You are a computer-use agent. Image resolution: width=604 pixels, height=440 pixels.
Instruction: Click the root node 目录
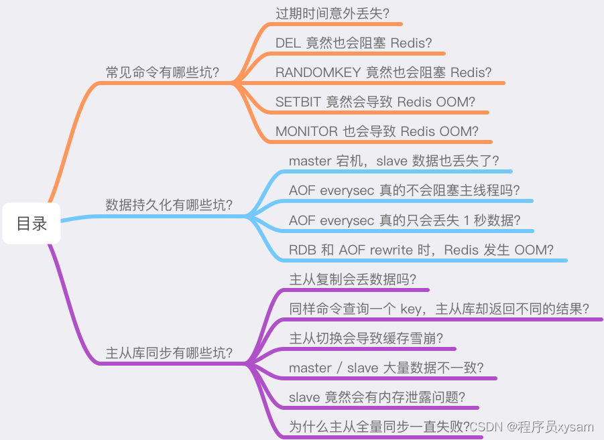32,224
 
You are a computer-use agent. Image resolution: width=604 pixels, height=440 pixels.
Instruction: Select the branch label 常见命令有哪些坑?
163,72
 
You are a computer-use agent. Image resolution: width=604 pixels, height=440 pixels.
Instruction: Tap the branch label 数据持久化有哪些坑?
169,205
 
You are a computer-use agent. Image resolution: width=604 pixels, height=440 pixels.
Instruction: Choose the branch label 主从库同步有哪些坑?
169,353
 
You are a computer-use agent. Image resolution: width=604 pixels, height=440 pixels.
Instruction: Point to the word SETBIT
298,102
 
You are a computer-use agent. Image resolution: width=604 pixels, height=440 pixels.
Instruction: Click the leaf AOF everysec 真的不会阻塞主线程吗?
404,190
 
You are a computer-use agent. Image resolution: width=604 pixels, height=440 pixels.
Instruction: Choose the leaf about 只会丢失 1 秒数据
405,220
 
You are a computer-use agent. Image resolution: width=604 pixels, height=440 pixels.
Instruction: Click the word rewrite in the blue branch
390,250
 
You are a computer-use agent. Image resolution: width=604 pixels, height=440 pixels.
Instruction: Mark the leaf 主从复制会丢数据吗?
353,279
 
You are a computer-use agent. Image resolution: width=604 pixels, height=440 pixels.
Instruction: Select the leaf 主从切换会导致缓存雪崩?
366,338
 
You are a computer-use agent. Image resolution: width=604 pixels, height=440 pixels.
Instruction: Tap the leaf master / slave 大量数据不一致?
386,368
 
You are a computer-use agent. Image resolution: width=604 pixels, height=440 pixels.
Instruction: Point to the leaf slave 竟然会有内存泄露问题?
377,397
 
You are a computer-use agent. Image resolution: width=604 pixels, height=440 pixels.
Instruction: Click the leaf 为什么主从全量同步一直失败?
379,427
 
